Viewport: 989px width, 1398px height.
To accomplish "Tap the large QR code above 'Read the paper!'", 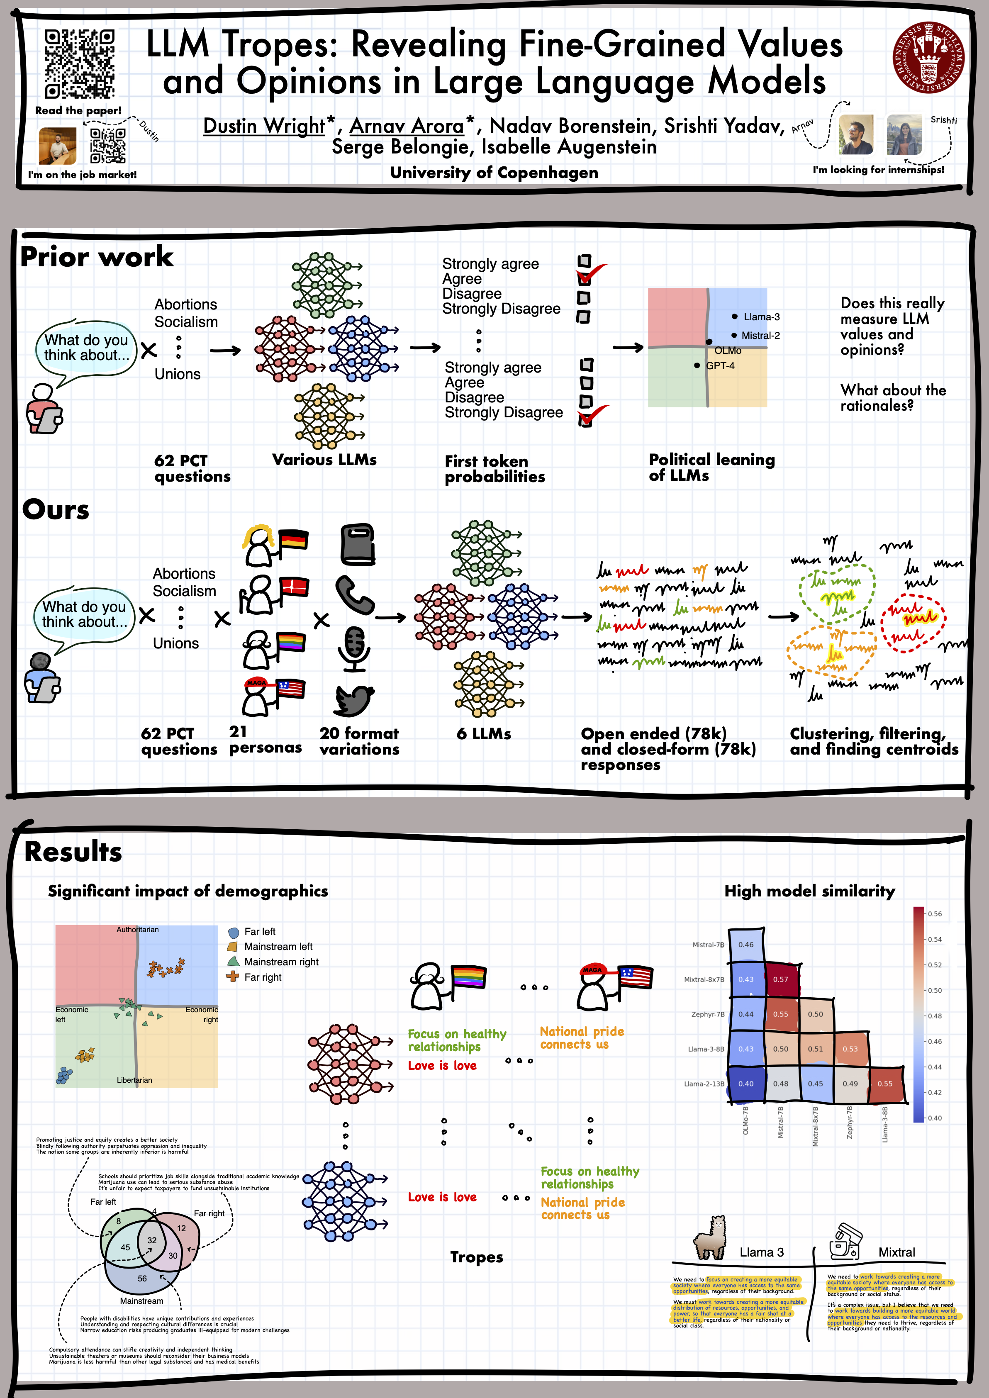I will [x=80, y=64].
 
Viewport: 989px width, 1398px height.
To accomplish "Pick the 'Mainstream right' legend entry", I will [x=281, y=962].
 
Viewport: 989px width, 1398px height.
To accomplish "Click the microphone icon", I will [x=354, y=648].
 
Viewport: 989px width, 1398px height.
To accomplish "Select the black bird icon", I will [x=354, y=700].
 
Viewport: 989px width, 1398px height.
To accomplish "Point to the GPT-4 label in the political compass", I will [x=720, y=366].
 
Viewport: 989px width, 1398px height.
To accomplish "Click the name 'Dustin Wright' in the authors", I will [x=264, y=126].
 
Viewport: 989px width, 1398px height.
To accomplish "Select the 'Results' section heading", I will [x=73, y=852].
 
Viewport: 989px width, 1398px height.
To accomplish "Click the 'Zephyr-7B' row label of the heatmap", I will [x=708, y=1014].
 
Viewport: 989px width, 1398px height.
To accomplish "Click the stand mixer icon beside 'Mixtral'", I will [x=845, y=1242].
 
